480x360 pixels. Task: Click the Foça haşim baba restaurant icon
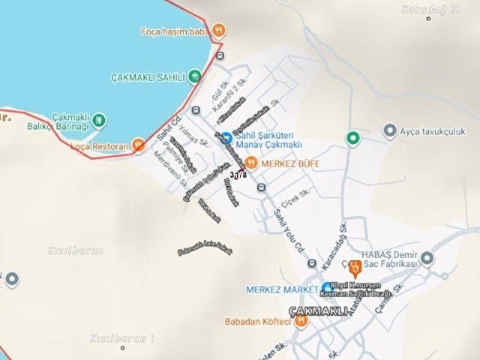tap(218, 31)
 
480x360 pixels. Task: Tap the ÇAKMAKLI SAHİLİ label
tap(148, 76)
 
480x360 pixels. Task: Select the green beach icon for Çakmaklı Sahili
tap(194, 76)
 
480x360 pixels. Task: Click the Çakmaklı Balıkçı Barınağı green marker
tap(98, 121)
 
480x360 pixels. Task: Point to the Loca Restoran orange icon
tap(138, 145)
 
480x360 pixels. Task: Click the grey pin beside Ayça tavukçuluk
tap(389, 131)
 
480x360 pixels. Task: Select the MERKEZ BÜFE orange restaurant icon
tap(251, 163)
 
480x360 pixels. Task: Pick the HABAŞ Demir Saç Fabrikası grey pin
tap(427, 259)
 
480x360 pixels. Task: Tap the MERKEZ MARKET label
tap(280, 289)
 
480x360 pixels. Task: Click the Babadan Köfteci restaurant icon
tap(301, 322)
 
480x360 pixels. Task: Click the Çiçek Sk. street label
tap(295, 201)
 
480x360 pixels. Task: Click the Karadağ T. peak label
tap(429, 9)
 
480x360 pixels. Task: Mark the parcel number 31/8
tap(238, 175)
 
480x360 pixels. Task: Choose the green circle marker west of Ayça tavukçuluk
tap(352, 138)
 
